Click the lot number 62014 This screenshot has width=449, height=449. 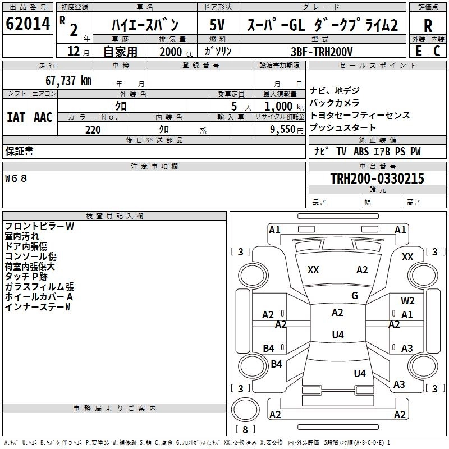pyautogui.click(x=28, y=25)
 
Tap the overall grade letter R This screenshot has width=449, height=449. pyautogui.click(x=428, y=25)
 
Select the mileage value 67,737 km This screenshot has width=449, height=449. pyautogui.click(x=68, y=80)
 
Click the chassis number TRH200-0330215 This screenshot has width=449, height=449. pyautogui.click(x=377, y=179)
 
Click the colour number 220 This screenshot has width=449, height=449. pyautogui.click(x=93, y=130)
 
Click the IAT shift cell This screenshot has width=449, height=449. pyautogui.click(x=16, y=117)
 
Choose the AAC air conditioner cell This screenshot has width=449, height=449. pyautogui.click(x=43, y=117)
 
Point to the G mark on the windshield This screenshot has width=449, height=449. pyautogui.click(x=355, y=296)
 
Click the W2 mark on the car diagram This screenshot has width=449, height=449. pyautogui.click(x=407, y=301)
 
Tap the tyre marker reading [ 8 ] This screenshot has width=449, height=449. pyautogui.click(x=245, y=430)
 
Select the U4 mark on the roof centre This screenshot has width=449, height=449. pyautogui.click(x=337, y=335)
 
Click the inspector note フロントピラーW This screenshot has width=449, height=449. pyautogui.click(x=39, y=226)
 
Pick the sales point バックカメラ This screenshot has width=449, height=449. pyautogui.click(x=335, y=103)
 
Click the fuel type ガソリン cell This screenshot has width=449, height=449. pyautogui.click(x=218, y=52)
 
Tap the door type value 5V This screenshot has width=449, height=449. pyautogui.click(x=218, y=25)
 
